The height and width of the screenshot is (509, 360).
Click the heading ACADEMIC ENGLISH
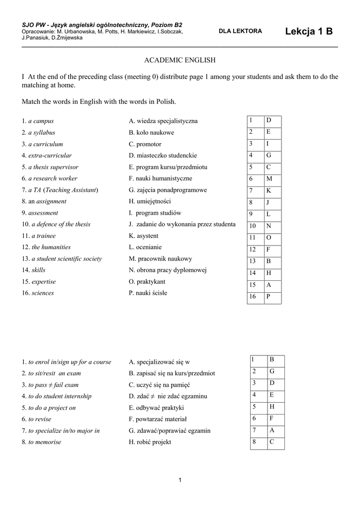coord(180,60)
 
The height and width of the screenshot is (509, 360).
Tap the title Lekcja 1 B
coord(309,32)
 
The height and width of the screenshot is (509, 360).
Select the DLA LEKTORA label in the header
coord(240,31)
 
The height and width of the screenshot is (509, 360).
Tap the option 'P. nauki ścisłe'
coord(148,293)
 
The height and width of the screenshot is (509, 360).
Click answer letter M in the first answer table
coord(269,179)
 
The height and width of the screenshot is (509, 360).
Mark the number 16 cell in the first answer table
coord(253,297)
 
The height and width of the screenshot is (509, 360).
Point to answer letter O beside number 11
coord(269,238)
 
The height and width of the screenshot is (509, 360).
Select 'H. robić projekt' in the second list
coord(150,442)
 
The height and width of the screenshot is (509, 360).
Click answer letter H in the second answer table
coord(272,406)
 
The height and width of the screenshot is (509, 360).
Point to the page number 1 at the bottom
coord(180,479)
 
